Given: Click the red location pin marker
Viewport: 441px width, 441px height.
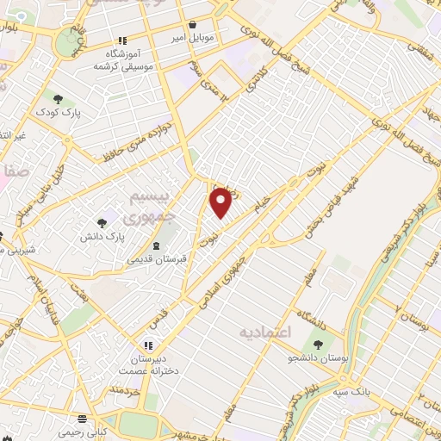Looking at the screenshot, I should coord(221,201).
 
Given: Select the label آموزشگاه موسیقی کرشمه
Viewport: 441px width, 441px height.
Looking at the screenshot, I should coord(124,59).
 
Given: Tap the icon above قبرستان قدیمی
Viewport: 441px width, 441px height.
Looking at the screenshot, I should coord(155,245).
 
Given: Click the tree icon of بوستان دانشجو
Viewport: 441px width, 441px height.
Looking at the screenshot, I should coord(319,345).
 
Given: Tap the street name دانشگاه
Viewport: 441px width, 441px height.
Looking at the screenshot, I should coord(309,313).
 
